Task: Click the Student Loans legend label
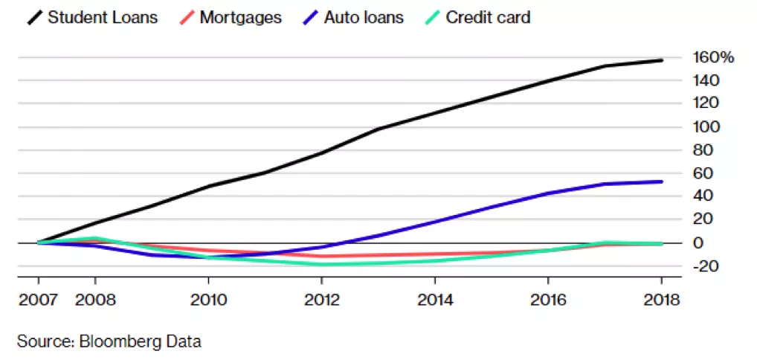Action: click(103, 17)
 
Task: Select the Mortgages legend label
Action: click(241, 17)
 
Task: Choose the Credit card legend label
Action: click(488, 17)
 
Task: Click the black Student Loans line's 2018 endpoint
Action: click(662, 60)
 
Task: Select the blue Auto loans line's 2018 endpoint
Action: click(662, 181)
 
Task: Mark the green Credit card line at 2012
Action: click(323, 264)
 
